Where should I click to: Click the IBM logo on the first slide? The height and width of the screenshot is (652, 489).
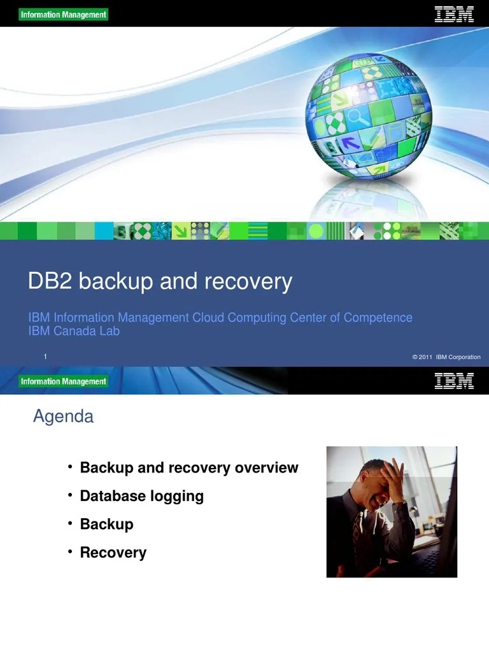(454, 14)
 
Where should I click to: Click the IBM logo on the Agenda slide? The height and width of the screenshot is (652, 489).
(454, 381)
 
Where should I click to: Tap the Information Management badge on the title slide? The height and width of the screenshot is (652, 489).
(63, 15)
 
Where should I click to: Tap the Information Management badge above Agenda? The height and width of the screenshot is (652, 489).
(63, 381)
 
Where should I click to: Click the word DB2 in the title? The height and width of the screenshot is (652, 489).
(50, 281)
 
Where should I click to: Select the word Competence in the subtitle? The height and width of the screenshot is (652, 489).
(378, 317)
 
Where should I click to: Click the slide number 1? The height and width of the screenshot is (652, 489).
(45, 357)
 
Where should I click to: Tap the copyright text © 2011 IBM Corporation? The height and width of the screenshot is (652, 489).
(446, 357)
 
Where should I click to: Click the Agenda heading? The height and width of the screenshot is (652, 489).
(63, 416)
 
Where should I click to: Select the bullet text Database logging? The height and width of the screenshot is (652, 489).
(141, 496)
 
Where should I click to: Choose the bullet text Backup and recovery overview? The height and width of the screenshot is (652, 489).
(188, 468)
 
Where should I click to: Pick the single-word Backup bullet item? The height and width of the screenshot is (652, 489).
(106, 524)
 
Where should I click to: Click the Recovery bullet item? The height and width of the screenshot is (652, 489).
(113, 552)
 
